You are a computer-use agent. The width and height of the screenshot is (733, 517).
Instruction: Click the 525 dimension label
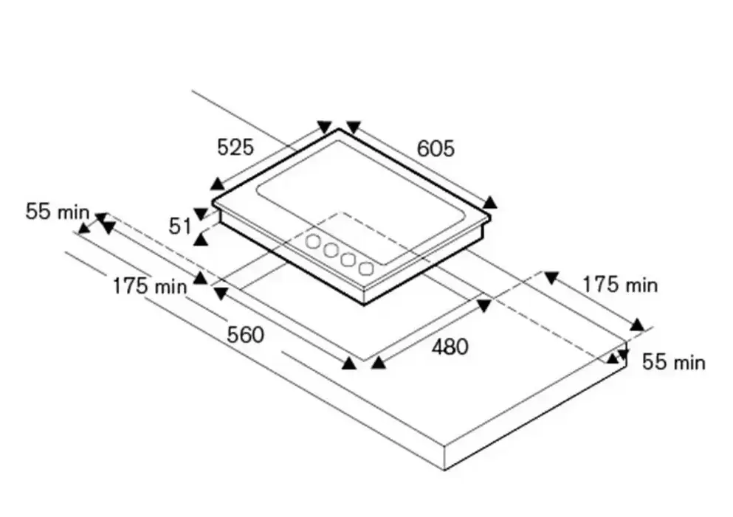(235, 148)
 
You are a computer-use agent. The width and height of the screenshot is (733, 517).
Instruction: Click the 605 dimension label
(436, 148)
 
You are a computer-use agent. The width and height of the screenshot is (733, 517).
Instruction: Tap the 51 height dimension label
(180, 226)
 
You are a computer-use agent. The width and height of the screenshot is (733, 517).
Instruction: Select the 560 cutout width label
(245, 336)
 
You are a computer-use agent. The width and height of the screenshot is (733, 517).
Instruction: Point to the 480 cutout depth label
(449, 346)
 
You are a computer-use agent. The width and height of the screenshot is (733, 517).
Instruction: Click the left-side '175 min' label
(150, 285)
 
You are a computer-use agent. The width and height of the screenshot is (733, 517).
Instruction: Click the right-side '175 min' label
(619, 284)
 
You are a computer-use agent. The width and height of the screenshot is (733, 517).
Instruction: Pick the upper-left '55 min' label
(57, 212)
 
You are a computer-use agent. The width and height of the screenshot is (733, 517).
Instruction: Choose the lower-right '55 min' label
(673, 362)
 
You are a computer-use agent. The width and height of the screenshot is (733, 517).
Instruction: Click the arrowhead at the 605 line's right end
(490, 203)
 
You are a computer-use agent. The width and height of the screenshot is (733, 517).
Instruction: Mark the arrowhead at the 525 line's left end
(216, 184)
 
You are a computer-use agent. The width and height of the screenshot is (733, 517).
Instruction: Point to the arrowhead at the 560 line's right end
(349, 361)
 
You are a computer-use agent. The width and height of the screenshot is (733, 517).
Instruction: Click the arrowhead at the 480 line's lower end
(378, 361)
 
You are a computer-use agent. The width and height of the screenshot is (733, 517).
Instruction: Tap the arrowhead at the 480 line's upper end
(484, 304)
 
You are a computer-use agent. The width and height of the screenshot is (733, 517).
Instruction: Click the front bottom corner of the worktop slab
(446, 470)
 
